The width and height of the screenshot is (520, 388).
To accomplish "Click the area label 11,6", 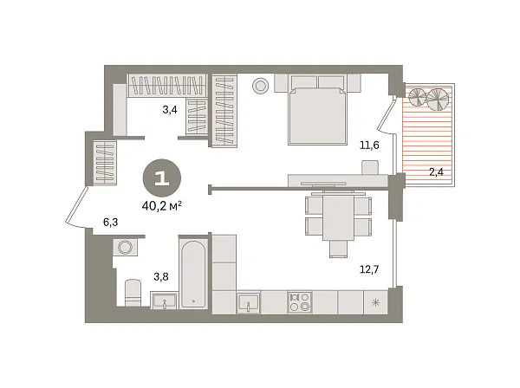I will (370, 145).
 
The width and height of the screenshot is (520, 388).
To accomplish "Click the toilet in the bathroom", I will (133, 290).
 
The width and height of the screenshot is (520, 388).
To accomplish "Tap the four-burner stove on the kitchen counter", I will (300, 301).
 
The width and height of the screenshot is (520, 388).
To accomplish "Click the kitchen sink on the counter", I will (250, 302).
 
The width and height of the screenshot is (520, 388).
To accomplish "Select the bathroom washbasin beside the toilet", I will (165, 301).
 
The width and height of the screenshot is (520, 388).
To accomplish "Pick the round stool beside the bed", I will (259, 85).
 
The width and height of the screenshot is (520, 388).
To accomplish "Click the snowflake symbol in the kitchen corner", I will (375, 302).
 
